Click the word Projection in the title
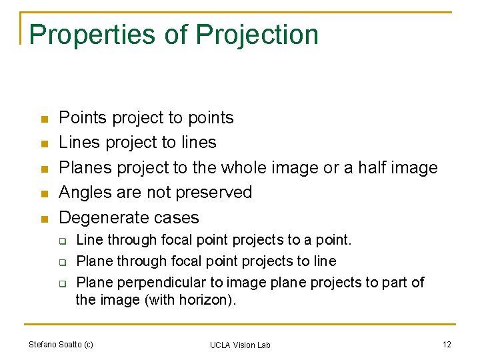[x=257, y=35]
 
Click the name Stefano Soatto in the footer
[x=55, y=344]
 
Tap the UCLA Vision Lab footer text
[x=240, y=345]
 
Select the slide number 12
[x=446, y=344]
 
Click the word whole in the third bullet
[x=246, y=167]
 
